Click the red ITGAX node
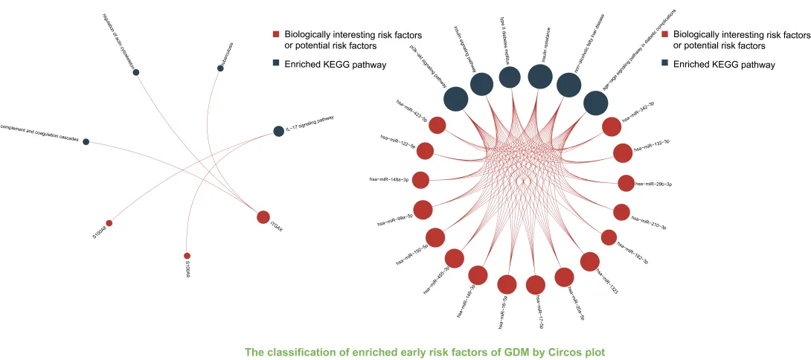(263, 217)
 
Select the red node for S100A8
(109, 222)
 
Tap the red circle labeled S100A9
(187, 256)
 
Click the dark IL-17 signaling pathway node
(278, 131)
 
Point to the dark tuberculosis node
(220, 68)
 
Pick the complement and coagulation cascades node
(86, 141)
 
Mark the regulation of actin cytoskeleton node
(136, 72)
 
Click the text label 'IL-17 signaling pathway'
(310, 123)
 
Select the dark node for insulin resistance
(539, 77)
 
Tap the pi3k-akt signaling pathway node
(456, 99)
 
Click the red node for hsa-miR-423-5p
(437, 126)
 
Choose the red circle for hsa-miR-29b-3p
(626, 183)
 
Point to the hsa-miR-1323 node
(589, 261)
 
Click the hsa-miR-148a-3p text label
(389, 179)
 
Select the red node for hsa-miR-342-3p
(612, 126)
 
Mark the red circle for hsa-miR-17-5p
(535, 285)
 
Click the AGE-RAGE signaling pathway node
(595, 103)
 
